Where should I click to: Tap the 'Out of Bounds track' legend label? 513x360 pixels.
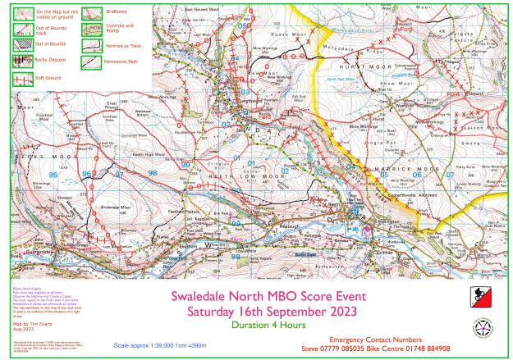[x=45, y=30]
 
